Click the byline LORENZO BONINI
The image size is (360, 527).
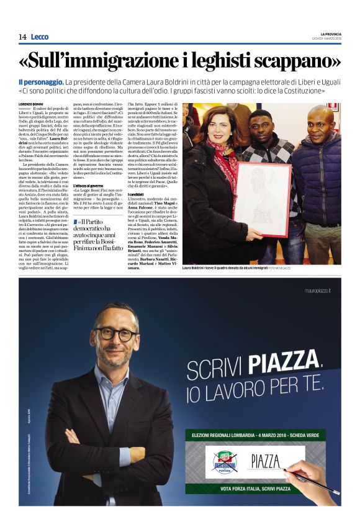coord(33,104)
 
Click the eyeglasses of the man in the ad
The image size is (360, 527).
coord(115,333)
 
